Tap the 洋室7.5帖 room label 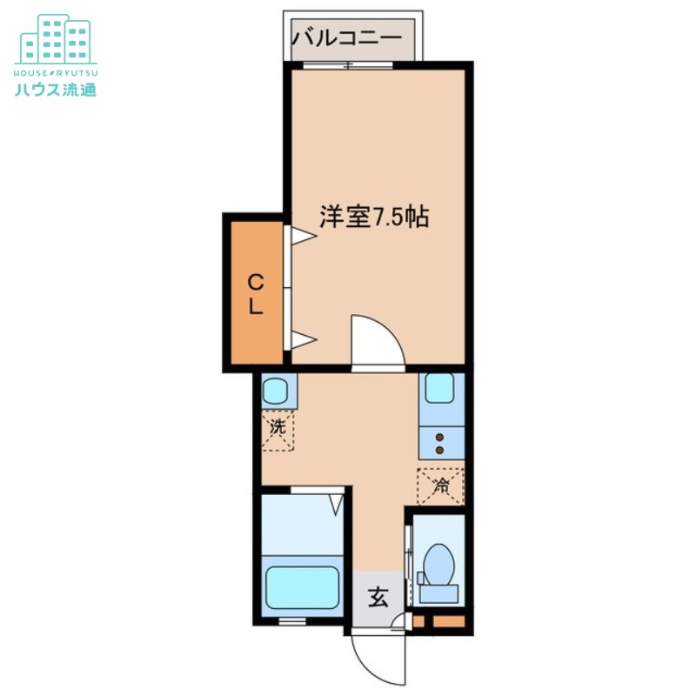point(374,217)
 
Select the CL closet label point(255,293)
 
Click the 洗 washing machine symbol point(278,429)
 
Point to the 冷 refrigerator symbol point(441,485)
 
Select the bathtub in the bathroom point(301,588)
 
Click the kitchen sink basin point(440,387)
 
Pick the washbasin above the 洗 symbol point(278,389)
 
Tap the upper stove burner point(440,436)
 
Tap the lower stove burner point(440,450)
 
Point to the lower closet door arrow point(299,340)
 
